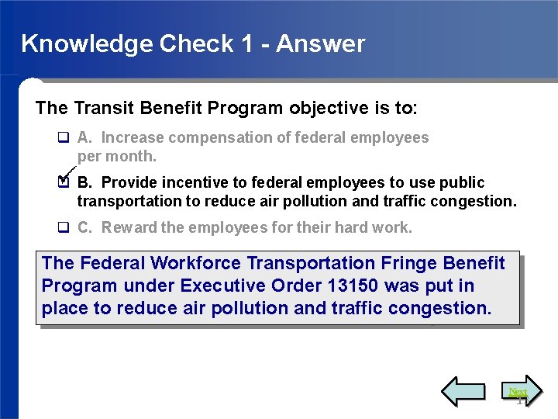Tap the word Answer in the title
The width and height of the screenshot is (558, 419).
tap(320, 43)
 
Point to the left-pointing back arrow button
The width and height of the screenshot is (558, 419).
tap(463, 392)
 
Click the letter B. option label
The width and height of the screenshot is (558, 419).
tap(85, 183)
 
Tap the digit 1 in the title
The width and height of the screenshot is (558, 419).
tap(246, 43)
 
